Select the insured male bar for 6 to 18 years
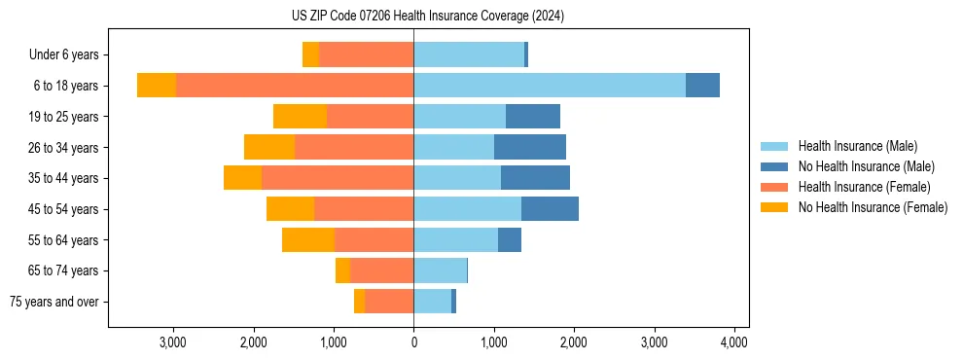tap(550, 86)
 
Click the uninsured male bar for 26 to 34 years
tap(530, 147)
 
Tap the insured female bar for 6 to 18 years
tap(295, 86)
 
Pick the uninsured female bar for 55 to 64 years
tap(308, 239)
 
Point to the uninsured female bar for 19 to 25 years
tap(300, 117)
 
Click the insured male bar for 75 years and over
tap(433, 302)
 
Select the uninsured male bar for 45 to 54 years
tap(550, 209)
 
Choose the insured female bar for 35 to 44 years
tap(338, 178)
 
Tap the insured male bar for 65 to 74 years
tap(440, 270)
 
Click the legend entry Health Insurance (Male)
tap(857, 146)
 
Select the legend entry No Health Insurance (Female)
tap(873, 207)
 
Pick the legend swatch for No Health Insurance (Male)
tap(775, 166)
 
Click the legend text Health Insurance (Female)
tap(865, 187)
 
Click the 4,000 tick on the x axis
tap(733, 342)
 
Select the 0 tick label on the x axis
tap(413, 342)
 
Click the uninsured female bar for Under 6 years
tap(310, 54)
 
